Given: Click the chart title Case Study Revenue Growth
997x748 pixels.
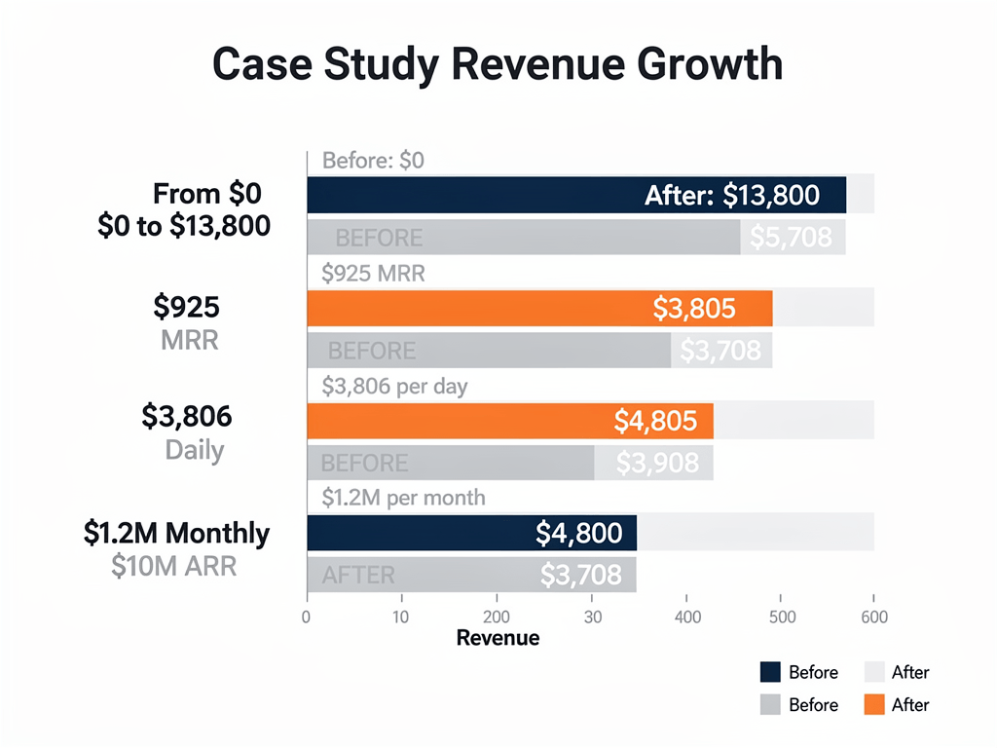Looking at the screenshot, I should pos(498,64).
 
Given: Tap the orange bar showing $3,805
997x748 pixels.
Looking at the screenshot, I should pos(539,309).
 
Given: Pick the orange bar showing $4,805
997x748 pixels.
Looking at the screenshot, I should pos(509,421).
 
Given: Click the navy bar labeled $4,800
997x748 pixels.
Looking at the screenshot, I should pos(471,534).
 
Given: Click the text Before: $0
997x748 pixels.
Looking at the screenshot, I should pos(373,161).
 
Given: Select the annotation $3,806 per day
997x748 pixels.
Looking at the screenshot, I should pos(394,387).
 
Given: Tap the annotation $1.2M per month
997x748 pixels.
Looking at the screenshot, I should pos(403,498).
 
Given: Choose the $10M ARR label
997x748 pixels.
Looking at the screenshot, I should pos(174,565).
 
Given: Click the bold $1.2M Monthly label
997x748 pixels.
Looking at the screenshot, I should pos(176,533).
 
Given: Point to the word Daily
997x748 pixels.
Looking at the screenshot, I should pos(195,451).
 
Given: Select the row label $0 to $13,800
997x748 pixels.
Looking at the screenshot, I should pos(184,226).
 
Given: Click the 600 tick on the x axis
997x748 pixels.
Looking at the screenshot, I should pos(873,617).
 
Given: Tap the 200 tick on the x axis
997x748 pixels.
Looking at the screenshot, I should pos(497,617).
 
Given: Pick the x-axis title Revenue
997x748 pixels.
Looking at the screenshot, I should pos(498,638).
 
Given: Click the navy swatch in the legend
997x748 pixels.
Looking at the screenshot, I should pos(770,672).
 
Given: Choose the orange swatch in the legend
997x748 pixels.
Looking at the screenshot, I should pos(873,704).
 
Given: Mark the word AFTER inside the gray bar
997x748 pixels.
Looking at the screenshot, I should pos(358,576).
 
